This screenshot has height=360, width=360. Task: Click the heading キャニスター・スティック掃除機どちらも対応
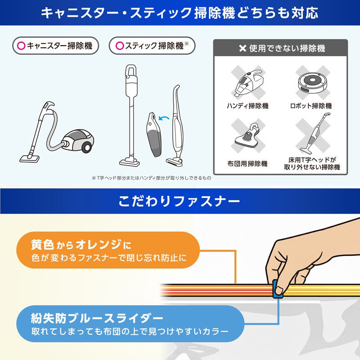180,13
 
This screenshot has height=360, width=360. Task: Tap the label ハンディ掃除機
247,106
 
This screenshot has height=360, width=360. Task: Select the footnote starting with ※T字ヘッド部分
151,178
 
